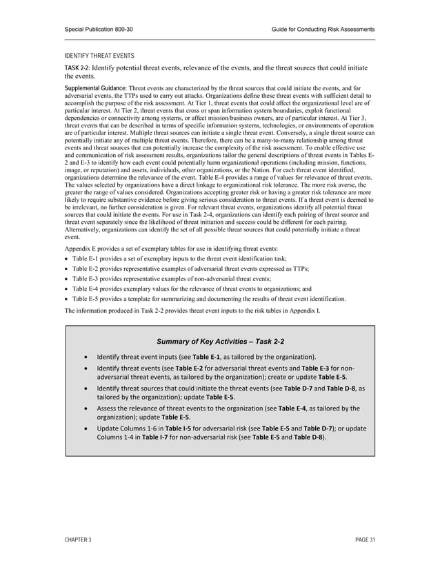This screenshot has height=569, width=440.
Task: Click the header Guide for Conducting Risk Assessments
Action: pos(323,29)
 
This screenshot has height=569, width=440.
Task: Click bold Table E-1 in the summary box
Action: pos(206,357)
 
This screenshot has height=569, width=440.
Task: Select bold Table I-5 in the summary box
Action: pos(179,428)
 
